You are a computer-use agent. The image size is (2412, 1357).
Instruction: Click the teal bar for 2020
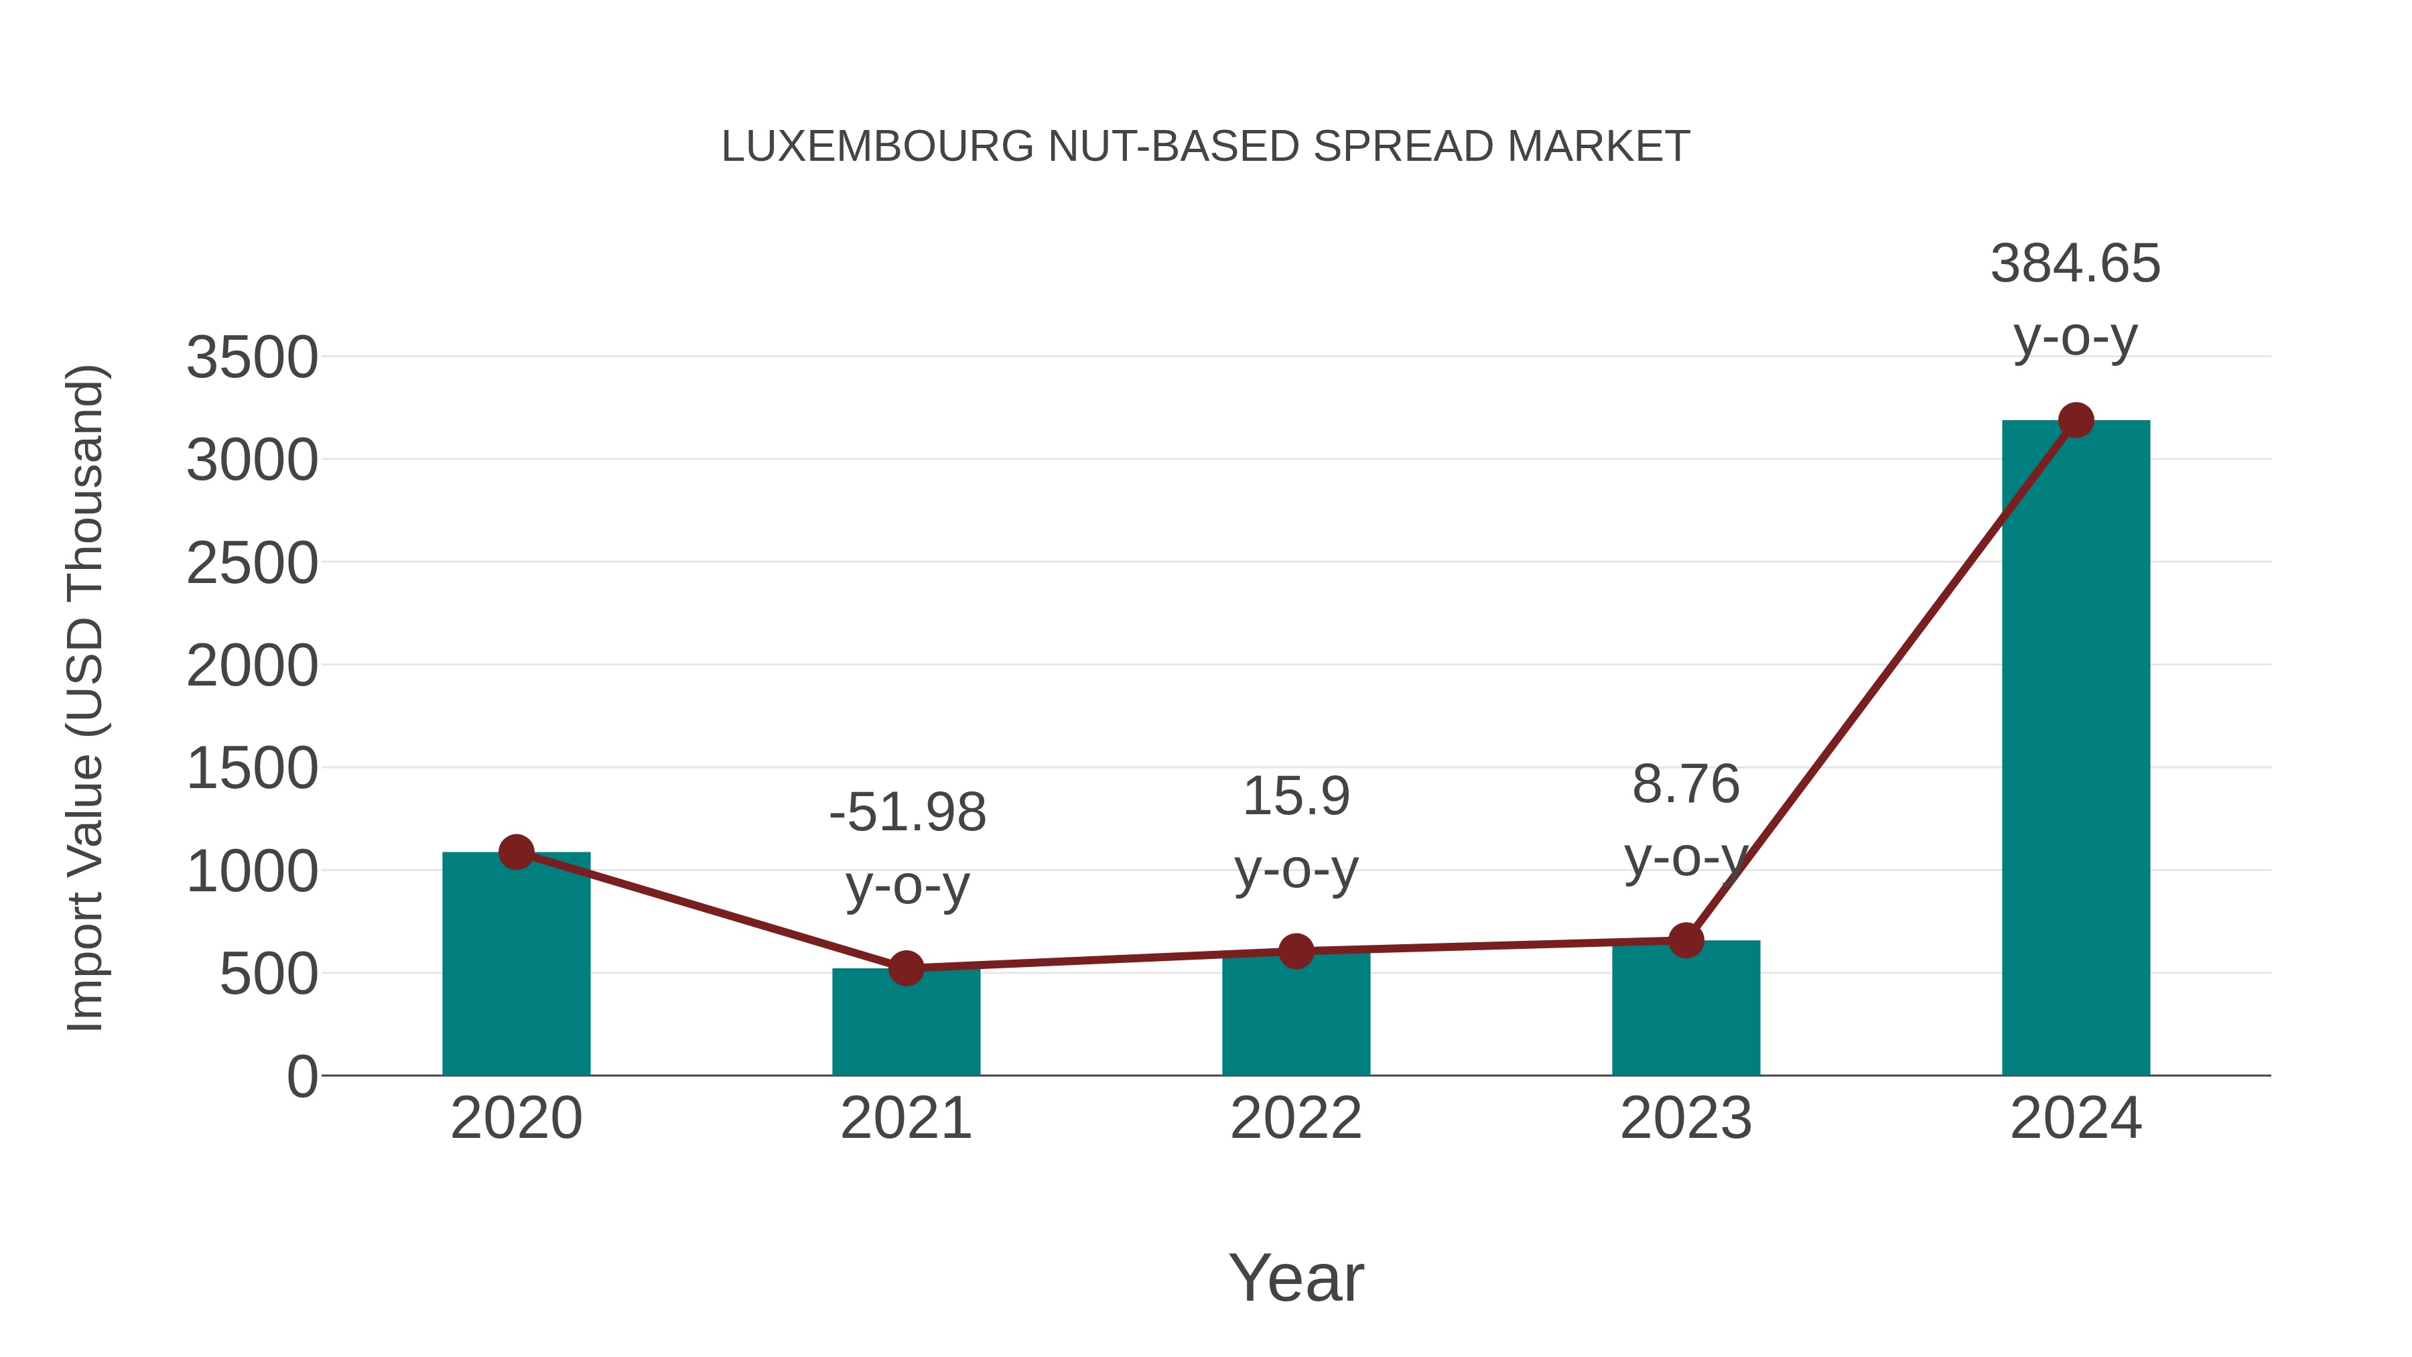click(516, 964)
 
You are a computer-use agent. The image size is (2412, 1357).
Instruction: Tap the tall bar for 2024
click(2075, 749)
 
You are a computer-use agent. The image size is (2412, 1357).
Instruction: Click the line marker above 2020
click(516, 852)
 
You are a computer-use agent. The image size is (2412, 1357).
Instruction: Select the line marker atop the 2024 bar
click(2076, 420)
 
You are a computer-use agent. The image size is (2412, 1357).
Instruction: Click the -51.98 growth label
click(907, 812)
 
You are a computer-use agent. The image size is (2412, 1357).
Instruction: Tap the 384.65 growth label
click(2075, 263)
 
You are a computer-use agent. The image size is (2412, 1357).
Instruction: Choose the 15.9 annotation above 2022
click(1296, 796)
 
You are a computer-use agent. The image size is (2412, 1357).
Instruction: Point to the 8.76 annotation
click(1686, 784)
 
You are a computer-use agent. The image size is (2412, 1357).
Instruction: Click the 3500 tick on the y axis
click(252, 358)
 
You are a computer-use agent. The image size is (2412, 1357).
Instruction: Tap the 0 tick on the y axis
click(301, 1077)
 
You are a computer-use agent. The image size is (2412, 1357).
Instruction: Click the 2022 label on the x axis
click(1296, 1118)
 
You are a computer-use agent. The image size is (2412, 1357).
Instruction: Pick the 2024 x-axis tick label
click(2075, 1118)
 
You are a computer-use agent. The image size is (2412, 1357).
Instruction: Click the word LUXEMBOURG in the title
click(877, 147)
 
